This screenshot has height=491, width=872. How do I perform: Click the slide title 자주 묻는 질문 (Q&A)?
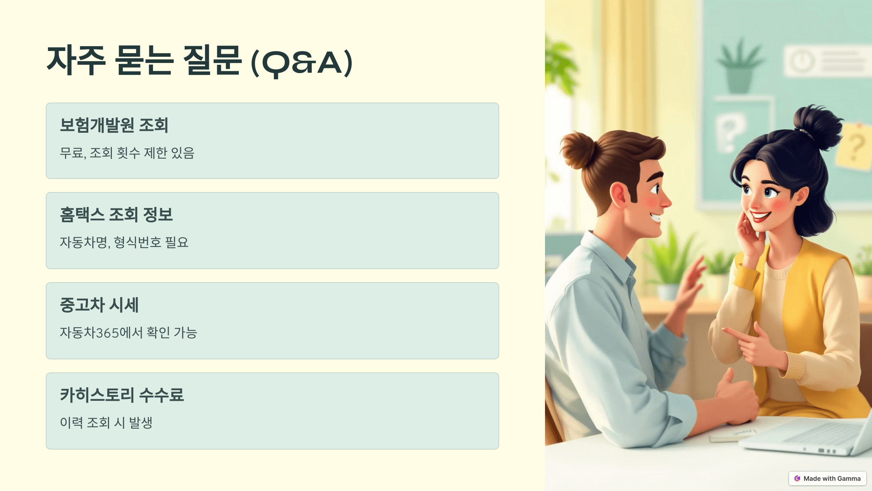click(199, 61)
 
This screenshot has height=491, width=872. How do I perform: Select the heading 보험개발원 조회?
click(114, 125)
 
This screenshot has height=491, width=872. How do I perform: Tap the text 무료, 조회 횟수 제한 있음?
click(127, 153)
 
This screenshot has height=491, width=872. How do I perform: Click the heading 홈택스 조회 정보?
click(116, 215)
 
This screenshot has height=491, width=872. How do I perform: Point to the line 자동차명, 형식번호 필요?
click(124, 243)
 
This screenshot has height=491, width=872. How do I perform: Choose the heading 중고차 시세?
click(99, 305)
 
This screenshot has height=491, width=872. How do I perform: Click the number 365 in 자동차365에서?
click(108, 333)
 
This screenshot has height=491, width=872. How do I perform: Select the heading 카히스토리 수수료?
click(122, 395)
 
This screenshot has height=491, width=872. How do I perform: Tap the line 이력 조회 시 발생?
click(106, 423)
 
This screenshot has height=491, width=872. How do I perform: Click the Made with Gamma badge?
click(827, 478)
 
